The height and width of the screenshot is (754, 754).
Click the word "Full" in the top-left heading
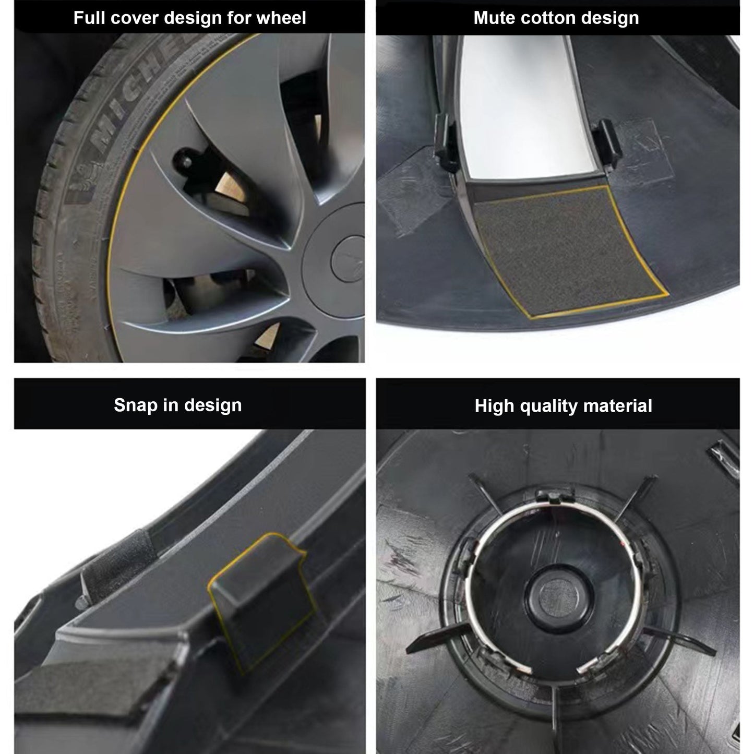(89, 18)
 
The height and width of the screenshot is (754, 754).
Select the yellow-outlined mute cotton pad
(566, 250)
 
